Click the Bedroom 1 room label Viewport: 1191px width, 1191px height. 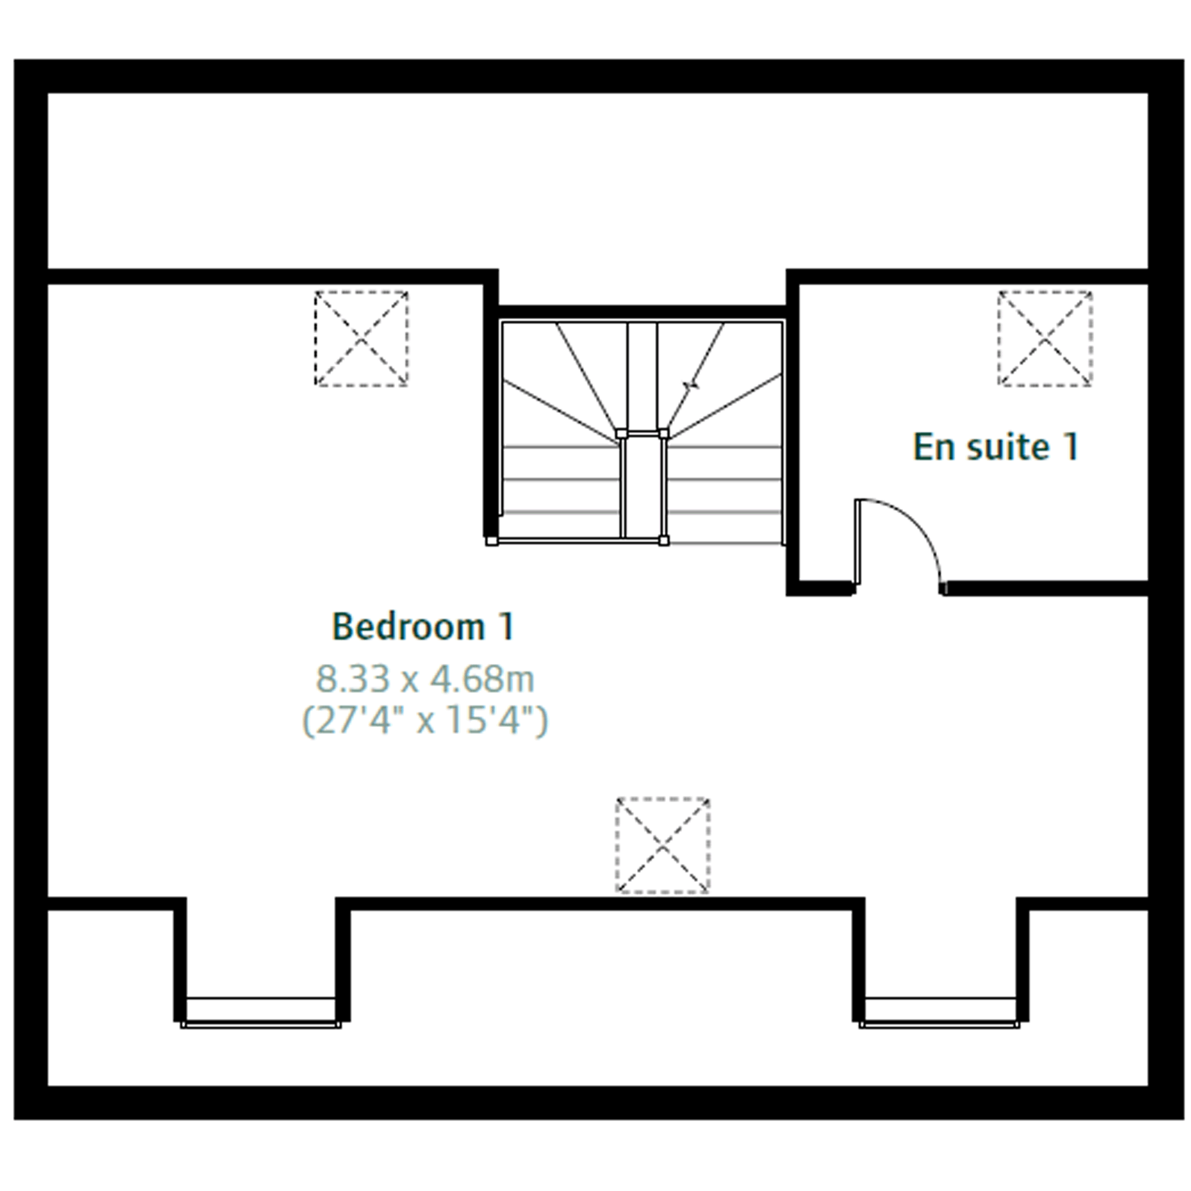tap(423, 627)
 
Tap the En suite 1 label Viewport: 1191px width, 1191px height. tap(996, 447)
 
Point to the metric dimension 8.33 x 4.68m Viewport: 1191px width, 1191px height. tap(425, 679)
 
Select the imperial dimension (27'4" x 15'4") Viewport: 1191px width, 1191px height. tap(425, 720)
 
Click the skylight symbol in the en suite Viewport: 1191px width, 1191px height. tap(1045, 338)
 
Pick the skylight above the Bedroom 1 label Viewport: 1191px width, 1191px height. tap(361, 338)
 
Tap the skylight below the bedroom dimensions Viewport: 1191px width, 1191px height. tap(663, 845)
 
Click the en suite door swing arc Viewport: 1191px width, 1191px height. tap(919, 525)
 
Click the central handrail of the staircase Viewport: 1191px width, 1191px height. tap(643, 487)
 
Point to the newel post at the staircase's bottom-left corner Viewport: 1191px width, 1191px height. tap(491, 541)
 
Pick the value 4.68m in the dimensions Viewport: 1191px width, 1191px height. tap(482, 679)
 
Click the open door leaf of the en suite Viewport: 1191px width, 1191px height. tap(857, 541)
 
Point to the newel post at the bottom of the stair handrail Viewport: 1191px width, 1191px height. tap(663, 541)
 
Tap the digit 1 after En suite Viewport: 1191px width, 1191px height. tap(1071, 446)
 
